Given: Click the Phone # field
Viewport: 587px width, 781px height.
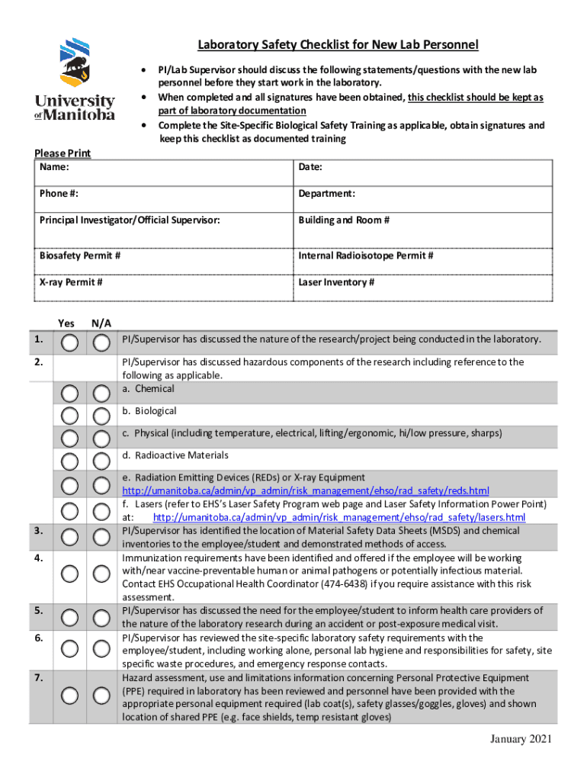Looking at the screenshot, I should tap(163, 194).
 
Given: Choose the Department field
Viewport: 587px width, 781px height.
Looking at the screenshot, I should tap(423, 194).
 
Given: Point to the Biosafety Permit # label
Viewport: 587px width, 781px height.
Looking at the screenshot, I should tap(80, 256).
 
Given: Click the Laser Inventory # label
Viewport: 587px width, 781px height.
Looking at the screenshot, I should tap(336, 282).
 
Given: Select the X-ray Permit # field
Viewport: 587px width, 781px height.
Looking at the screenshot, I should tap(163, 283).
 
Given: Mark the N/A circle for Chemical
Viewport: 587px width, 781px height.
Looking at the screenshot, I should tap(101, 394).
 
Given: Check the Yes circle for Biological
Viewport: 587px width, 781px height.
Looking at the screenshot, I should tap(69, 416).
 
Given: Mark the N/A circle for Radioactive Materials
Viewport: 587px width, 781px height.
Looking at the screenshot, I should tap(101, 461).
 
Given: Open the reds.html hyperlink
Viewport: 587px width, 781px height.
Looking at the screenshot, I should tap(305, 490).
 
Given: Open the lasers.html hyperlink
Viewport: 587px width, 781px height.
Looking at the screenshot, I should tap(338, 518).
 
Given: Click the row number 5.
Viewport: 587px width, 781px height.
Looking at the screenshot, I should tap(38, 610).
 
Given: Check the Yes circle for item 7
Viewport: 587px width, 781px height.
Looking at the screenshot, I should tap(69, 695).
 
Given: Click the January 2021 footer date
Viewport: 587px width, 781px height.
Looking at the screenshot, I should tap(519, 739).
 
